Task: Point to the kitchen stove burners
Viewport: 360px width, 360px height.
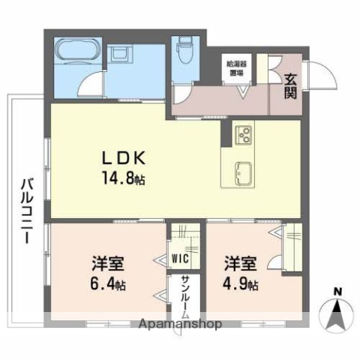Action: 244,136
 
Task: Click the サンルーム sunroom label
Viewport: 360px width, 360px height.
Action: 185,297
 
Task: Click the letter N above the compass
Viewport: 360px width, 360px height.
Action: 337,291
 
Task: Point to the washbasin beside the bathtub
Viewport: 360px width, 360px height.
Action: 120,54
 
